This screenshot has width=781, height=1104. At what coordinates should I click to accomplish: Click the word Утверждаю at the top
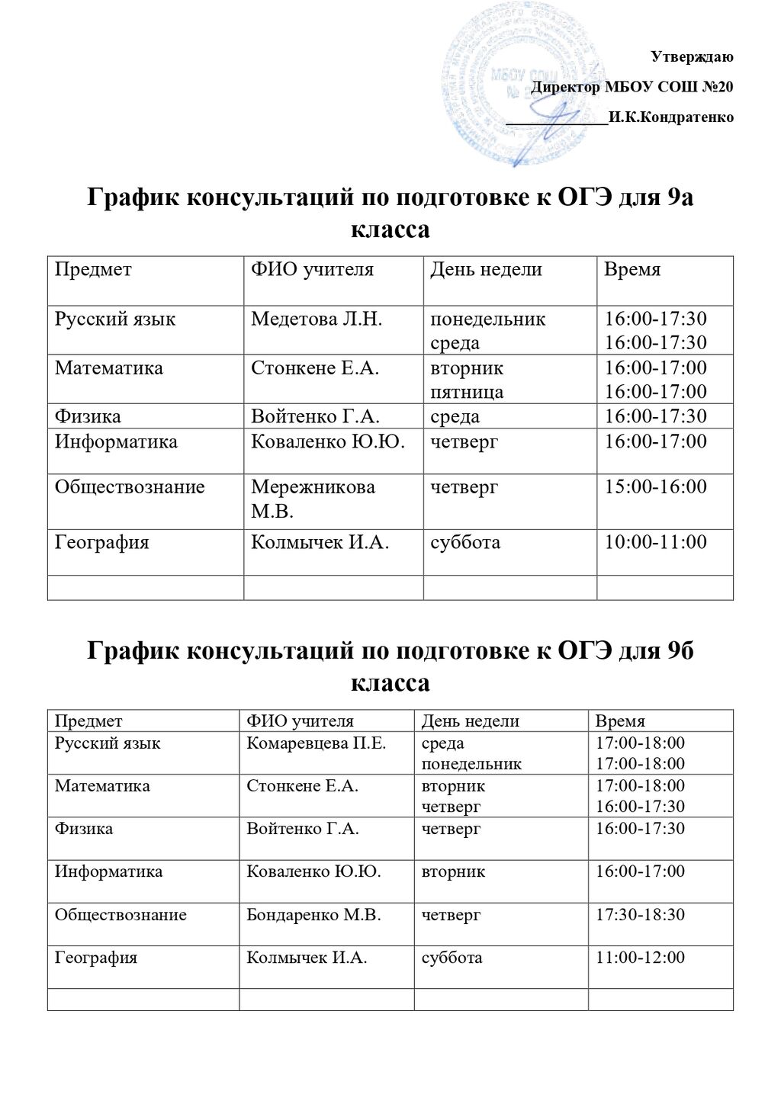[692, 56]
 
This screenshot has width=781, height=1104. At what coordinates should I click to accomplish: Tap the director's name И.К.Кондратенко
[671, 117]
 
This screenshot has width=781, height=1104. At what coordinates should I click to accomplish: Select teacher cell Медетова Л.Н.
[317, 319]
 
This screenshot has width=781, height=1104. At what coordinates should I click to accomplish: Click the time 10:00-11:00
[655, 542]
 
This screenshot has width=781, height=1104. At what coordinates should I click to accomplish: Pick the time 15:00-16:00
[655, 486]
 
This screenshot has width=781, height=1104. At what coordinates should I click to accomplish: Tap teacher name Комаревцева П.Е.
[316, 743]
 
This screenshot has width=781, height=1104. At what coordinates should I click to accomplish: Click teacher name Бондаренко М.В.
[313, 914]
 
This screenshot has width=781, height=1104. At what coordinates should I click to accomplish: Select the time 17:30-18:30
[640, 914]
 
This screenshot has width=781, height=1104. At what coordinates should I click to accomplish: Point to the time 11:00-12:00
[640, 957]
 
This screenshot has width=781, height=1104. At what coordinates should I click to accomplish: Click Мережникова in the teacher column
[313, 486]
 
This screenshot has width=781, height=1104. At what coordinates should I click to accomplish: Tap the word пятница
[467, 392]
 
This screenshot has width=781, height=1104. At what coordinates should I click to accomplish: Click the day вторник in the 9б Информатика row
[453, 871]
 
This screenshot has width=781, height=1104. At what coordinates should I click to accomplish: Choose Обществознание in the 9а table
[130, 486]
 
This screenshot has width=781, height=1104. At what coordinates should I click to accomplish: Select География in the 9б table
[96, 957]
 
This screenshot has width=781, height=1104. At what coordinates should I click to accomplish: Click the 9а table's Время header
[632, 269]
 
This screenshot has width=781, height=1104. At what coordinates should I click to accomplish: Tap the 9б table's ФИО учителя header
[300, 720]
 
